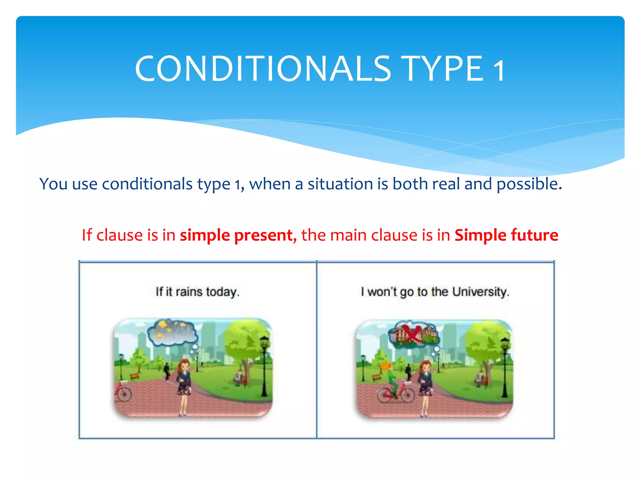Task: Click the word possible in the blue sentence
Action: [x=529, y=184]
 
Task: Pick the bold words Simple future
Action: [x=506, y=235]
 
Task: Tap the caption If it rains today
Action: [x=197, y=292]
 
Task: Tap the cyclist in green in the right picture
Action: [x=391, y=380]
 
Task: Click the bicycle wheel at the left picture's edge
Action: [x=123, y=394]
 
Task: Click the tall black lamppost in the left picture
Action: [x=264, y=366]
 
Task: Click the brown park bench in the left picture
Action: [x=134, y=376]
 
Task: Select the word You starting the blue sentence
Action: [x=53, y=184]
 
